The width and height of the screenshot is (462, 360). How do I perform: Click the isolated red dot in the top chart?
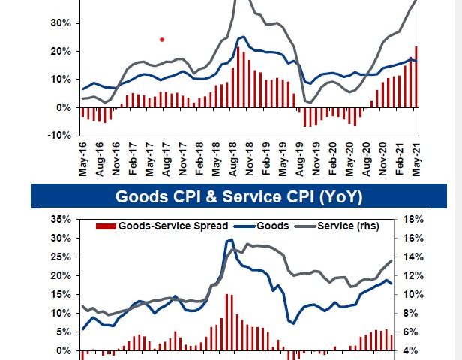click(x=161, y=39)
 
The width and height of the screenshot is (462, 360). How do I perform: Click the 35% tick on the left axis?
click(x=58, y=220)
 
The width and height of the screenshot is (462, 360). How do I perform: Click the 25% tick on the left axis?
click(x=58, y=257)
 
